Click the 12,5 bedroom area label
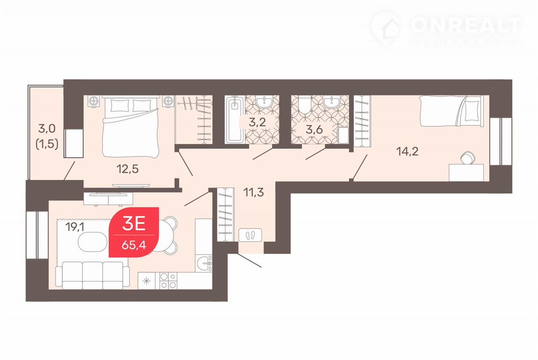click(x=127, y=169)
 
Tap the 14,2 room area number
click(x=407, y=151)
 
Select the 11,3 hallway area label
click(x=253, y=192)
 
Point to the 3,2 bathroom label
click(x=257, y=122)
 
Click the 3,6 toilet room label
click(x=314, y=130)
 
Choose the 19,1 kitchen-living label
click(x=75, y=227)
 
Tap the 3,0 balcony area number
click(x=47, y=129)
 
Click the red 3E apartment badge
click(x=134, y=232)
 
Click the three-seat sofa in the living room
click(x=92, y=275)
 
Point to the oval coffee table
click(x=92, y=242)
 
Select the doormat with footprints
click(x=250, y=235)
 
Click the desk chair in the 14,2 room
click(x=468, y=158)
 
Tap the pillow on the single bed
click(x=472, y=111)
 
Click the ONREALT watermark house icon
click(x=386, y=29)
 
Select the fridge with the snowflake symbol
click(x=147, y=281)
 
